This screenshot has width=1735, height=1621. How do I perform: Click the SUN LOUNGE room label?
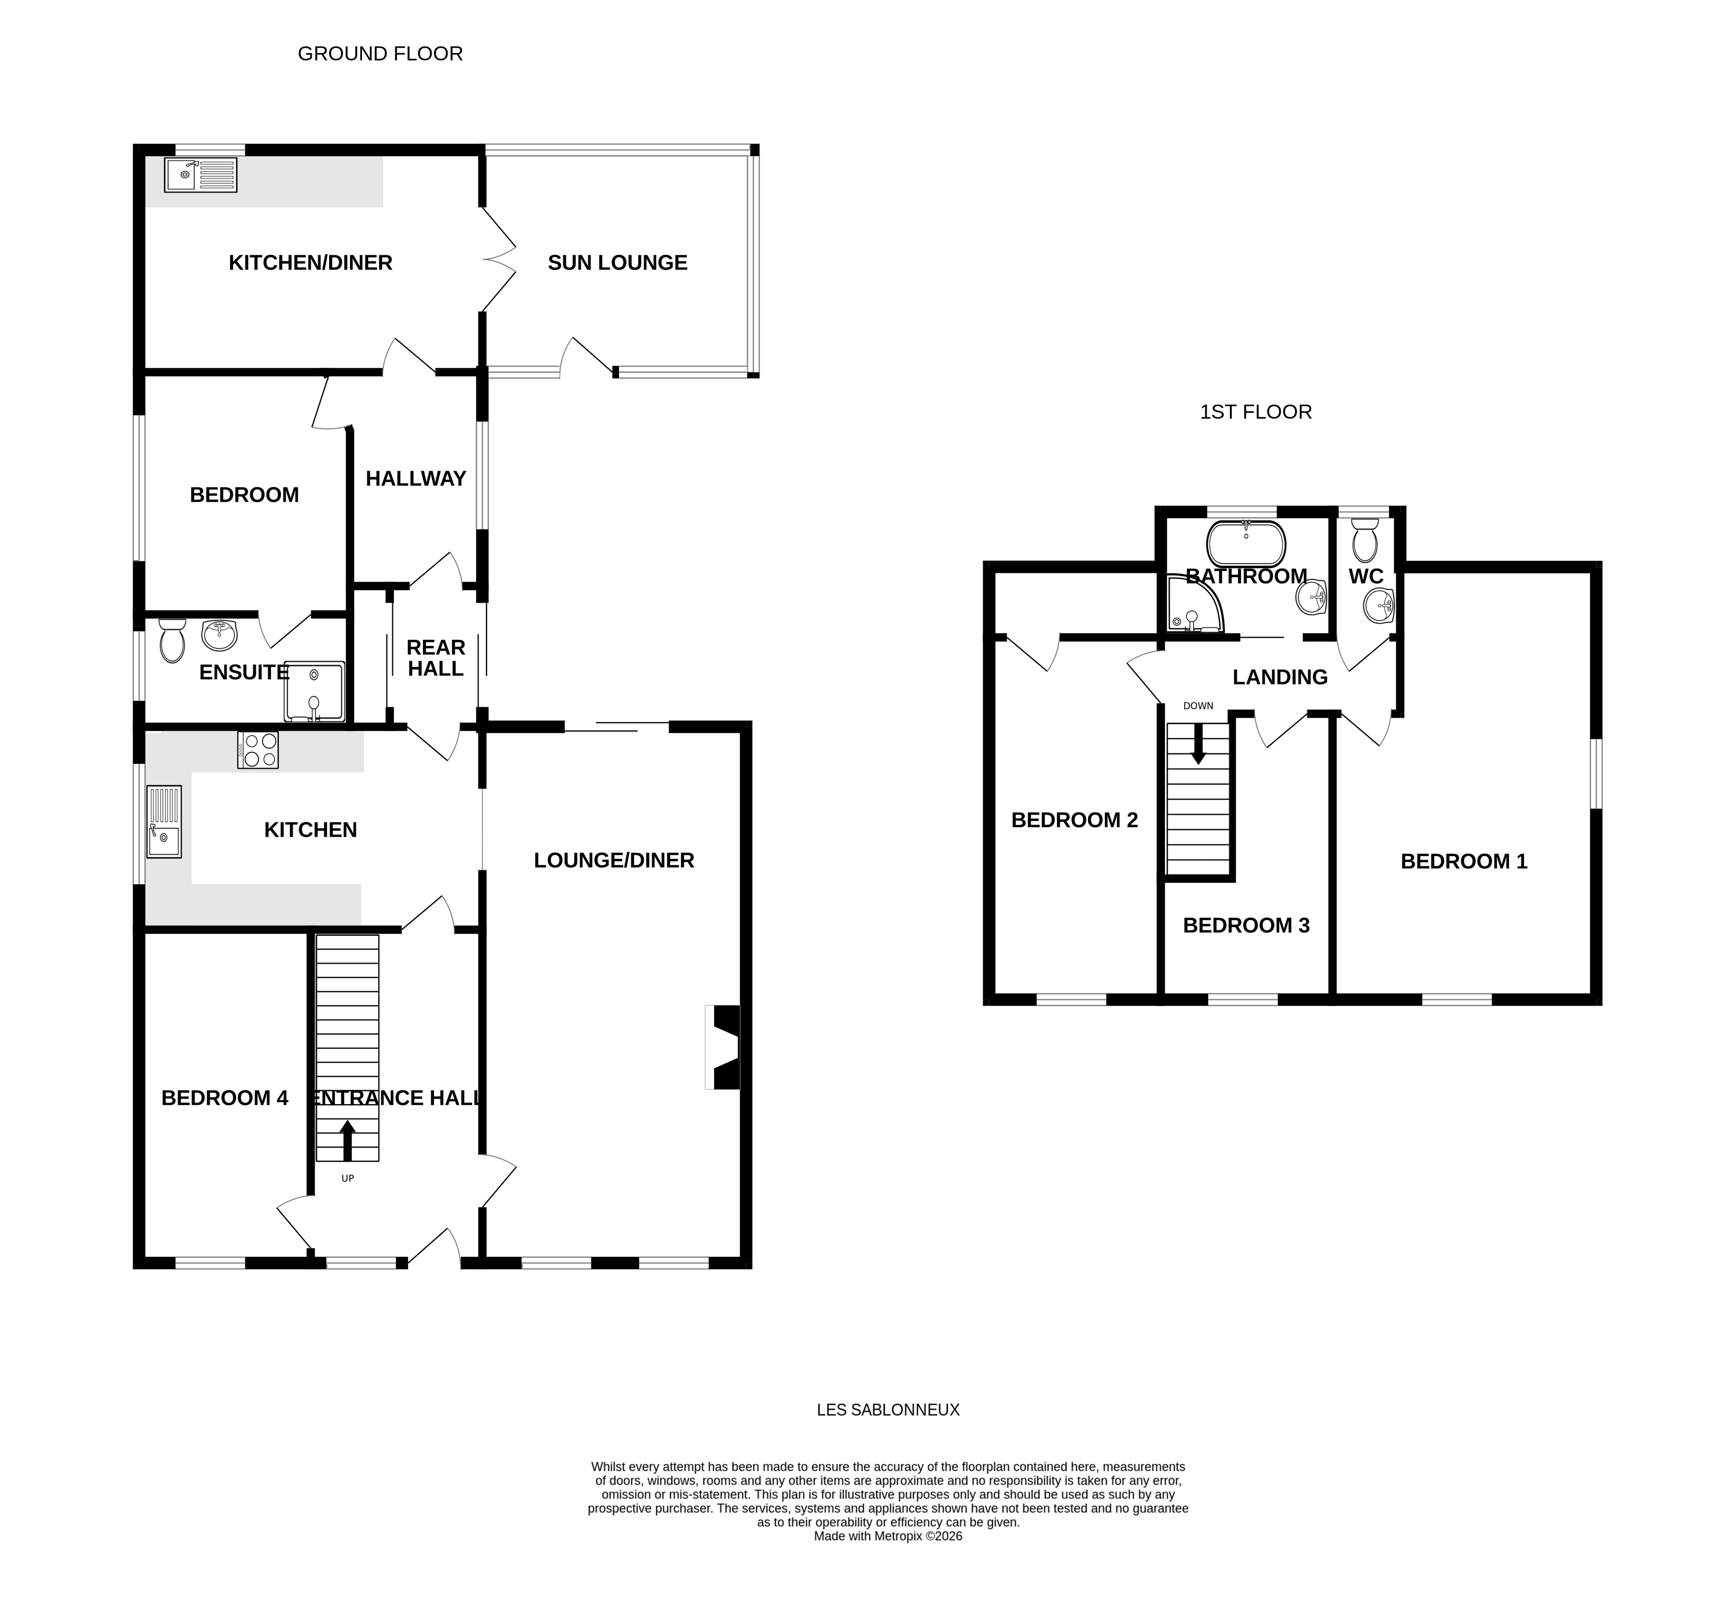[617, 263]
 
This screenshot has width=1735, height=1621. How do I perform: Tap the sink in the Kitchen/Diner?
[200, 175]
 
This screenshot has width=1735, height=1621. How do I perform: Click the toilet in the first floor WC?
[1364, 540]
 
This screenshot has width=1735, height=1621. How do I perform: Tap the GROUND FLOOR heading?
[380, 54]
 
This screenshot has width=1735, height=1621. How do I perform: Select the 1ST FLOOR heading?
[1255, 412]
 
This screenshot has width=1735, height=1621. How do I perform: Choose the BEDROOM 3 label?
[1245, 925]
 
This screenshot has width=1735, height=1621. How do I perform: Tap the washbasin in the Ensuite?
[219, 635]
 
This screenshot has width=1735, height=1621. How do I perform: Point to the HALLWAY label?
[416, 478]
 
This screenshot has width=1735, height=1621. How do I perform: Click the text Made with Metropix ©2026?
[888, 1561]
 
